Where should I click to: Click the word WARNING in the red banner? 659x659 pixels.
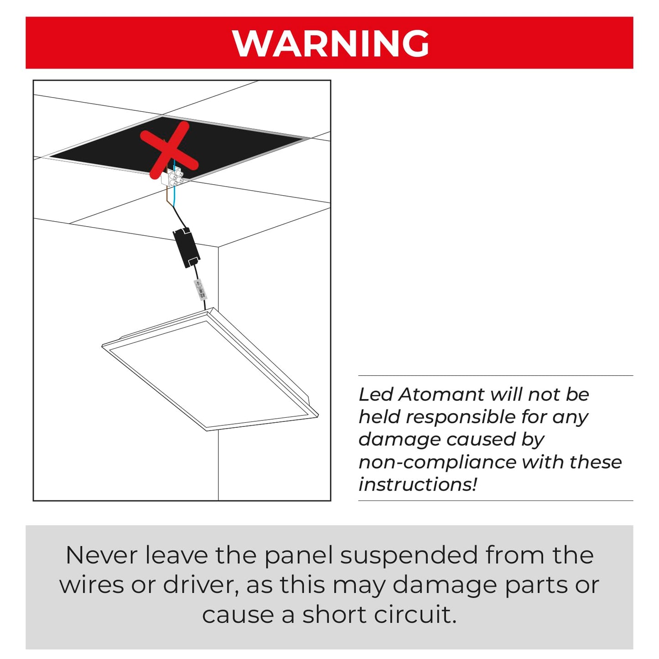click(x=330, y=43)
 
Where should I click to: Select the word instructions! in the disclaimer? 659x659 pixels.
click(x=418, y=485)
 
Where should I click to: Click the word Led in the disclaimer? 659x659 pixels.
click(x=375, y=394)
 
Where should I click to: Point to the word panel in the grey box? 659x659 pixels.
click(x=299, y=556)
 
